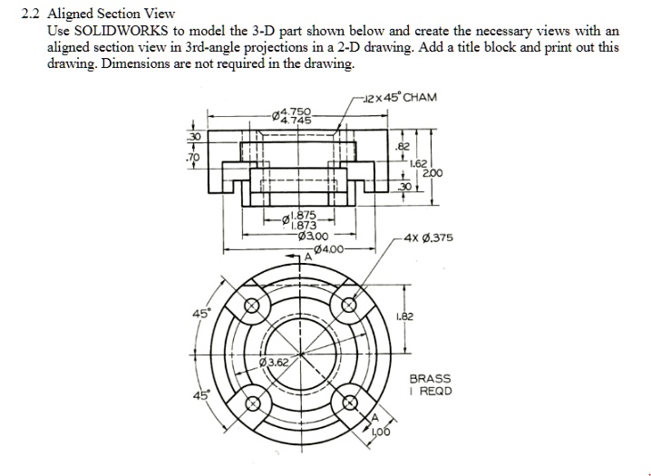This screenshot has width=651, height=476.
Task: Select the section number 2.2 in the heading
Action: point(30,15)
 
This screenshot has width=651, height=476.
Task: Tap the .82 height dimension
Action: point(403,145)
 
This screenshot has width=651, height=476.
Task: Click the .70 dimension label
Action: point(190,155)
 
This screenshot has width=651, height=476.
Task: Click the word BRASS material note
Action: point(430,378)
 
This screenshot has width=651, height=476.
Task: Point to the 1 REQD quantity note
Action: point(430,392)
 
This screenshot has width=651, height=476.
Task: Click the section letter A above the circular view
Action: point(306,257)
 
